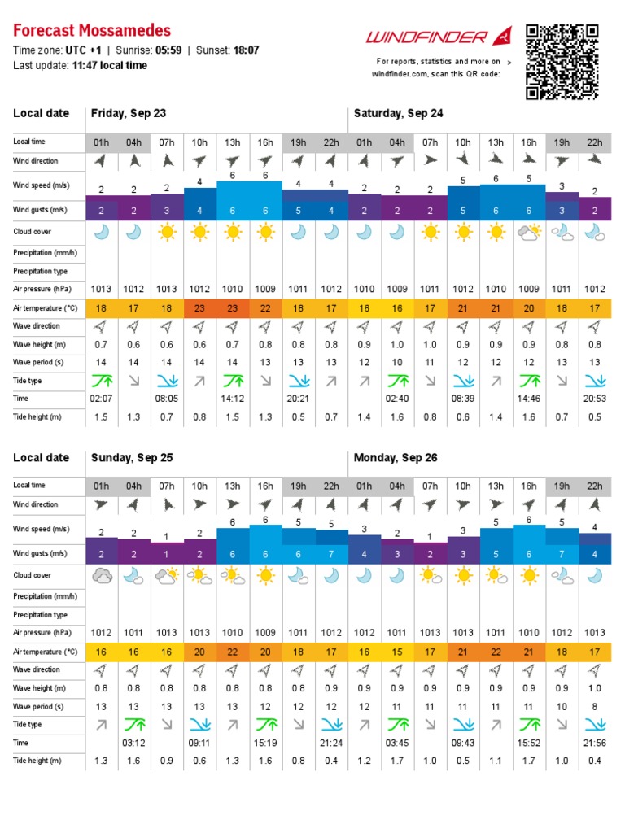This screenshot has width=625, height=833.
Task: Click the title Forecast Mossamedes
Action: pyautogui.click(x=92, y=30)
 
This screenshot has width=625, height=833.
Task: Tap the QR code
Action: pyautogui.click(x=562, y=62)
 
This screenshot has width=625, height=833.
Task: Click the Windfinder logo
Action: pyautogui.click(x=439, y=37)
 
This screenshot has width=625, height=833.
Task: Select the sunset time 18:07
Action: pyautogui.click(x=246, y=50)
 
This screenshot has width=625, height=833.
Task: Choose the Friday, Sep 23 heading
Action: pyautogui.click(x=129, y=113)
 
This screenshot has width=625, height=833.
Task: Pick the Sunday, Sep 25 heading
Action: pyautogui.click(x=132, y=457)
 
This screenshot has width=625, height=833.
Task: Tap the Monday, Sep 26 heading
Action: pyautogui.click(x=396, y=457)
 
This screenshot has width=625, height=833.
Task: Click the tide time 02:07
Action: pyautogui.click(x=101, y=399)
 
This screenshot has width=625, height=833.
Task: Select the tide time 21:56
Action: pyautogui.click(x=595, y=743)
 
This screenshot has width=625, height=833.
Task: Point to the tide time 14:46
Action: pyautogui.click(x=529, y=399)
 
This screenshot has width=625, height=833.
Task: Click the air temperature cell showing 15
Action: pyautogui.click(x=397, y=652)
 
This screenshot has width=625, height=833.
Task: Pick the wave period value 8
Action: pyautogui.click(x=595, y=707)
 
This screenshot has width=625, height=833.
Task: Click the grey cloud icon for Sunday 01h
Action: pyautogui.click(x=102, y=576)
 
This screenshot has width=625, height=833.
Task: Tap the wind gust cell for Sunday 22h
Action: pyautogui.click(x=331, y=554)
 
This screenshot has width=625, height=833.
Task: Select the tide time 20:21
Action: pyautogui.click(x=298, y=399)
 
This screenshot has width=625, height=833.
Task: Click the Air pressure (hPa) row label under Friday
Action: pyautogui.click(x=42, y=289)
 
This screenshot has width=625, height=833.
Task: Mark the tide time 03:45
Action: pyautogui.click(x=397, y=743)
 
